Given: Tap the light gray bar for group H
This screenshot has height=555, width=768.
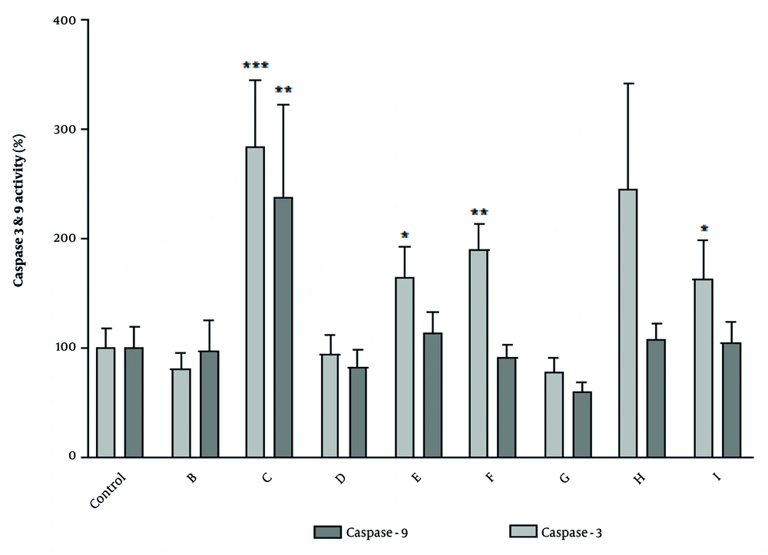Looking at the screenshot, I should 627,322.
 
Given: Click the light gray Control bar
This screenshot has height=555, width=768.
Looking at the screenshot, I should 106,402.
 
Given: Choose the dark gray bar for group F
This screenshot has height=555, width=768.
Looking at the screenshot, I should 507,407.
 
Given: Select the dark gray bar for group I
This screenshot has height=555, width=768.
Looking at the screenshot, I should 732,400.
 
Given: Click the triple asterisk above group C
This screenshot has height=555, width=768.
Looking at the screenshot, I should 256,66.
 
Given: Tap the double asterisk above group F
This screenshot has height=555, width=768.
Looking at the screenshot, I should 479,213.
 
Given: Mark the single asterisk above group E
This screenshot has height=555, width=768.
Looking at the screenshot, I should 405,235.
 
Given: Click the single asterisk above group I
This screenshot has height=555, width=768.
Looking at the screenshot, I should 704,229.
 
